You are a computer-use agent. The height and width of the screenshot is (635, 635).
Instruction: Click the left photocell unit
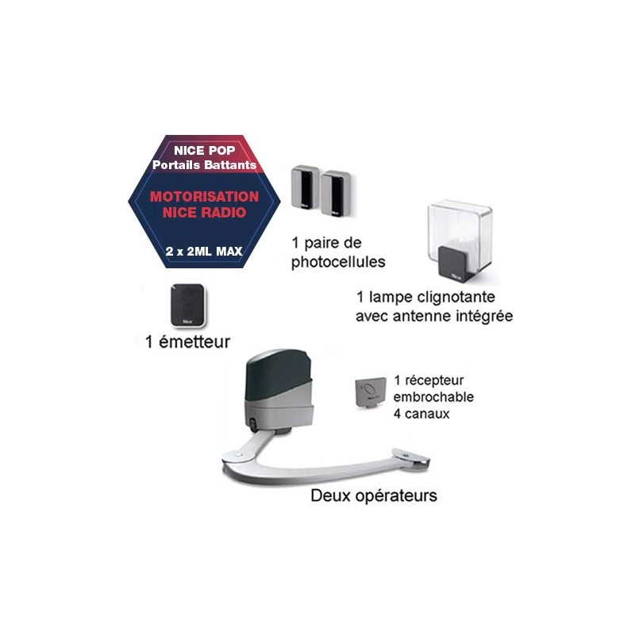[x=306, y=189]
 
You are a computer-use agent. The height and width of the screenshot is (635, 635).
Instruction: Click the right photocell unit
[x=336, y=192]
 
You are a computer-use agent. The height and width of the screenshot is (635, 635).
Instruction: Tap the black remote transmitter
[x=188, y=305]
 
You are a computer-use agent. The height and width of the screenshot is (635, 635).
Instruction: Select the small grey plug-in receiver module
[x=371, y=391]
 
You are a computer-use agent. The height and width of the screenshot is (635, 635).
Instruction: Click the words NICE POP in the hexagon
[x=205, y=151]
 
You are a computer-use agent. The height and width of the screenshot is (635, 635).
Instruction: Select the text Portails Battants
[x=205, y=165]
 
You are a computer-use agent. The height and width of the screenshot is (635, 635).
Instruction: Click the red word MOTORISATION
[x=205, y=197]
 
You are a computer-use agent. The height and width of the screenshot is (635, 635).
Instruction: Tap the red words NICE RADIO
[x=205, y=213]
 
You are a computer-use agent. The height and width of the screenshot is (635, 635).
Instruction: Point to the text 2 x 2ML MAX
[x=204, y=252]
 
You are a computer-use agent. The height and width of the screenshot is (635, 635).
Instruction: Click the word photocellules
[x=338, y=262]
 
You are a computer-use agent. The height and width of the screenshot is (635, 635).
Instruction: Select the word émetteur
[x=194, y=342]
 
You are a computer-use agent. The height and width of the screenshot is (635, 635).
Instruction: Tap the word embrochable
[x=433, y=397]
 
